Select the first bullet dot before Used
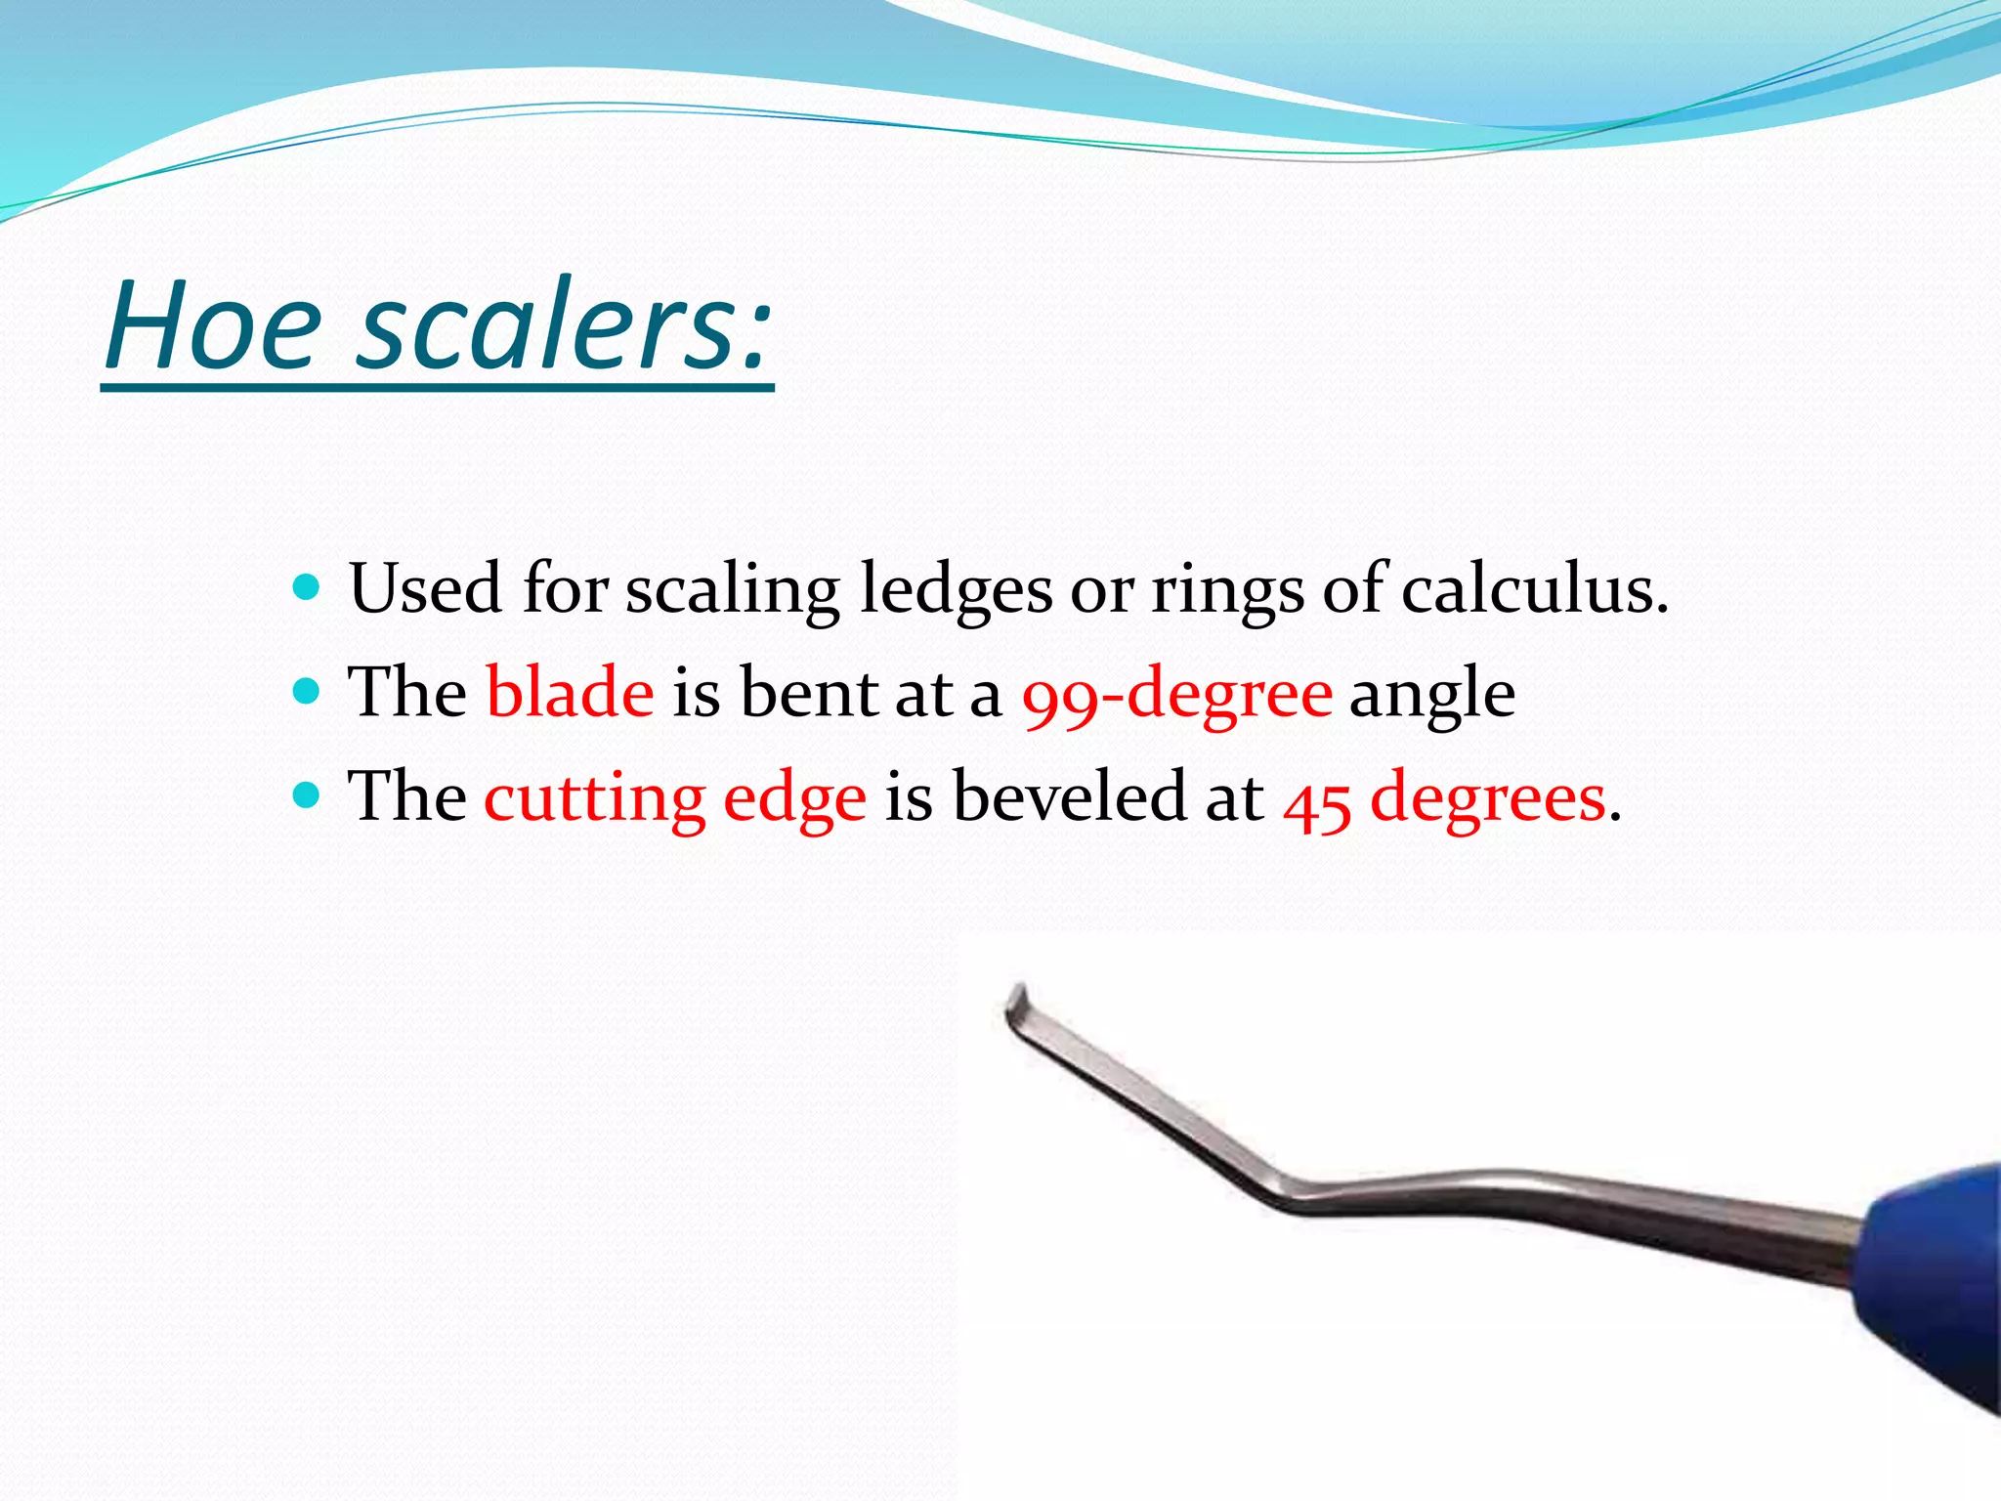pos(307,587)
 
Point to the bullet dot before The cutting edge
pos(307,795)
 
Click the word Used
pos(426,589)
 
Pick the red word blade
pos(570,692)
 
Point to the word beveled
pos(1069,795)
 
